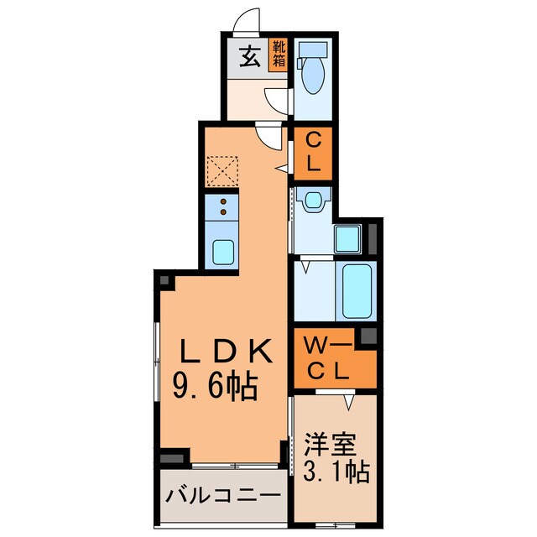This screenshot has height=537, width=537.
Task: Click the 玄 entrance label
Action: click(x=249, y=58)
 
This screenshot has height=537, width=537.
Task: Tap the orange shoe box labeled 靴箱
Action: click(x=279, y=55)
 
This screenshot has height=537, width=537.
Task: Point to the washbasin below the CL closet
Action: click(x=314, y=200)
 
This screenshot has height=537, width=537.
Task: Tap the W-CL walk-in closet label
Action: click(x=323, y=357)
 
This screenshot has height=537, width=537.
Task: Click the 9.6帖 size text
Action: click(x=216, y=387)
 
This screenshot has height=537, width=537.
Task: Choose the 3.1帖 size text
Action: click(x=334, y=472)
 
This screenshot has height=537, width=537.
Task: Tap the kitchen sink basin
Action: click(x=223, y=251)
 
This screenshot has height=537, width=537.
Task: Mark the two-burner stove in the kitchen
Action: click(x=223, y=206)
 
